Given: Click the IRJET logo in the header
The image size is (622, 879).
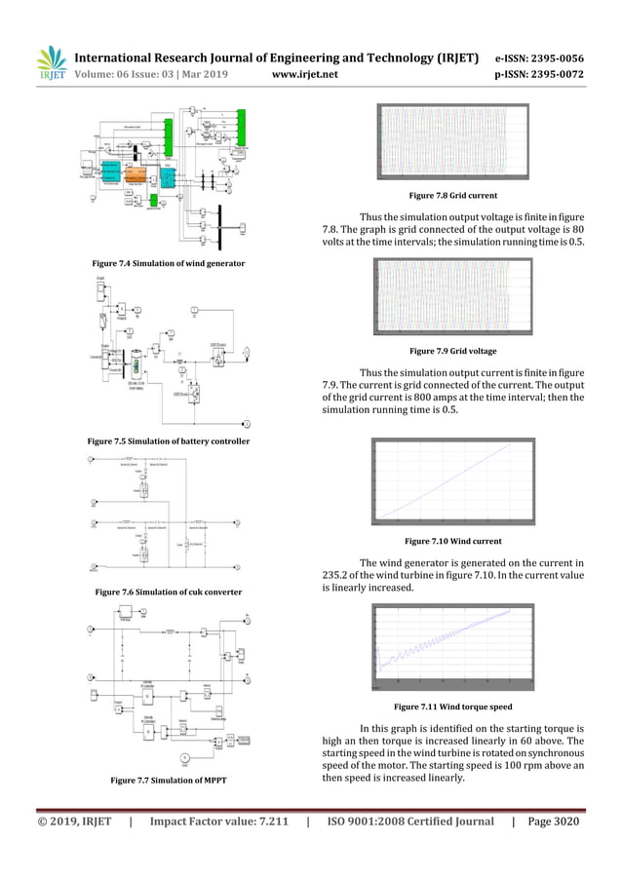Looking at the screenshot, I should pos(49,61).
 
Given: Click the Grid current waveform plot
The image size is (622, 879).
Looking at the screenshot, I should pos(454,143).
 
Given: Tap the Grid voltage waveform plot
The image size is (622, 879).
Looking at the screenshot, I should pos(454,297).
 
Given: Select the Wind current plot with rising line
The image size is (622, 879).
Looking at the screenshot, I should pos(454,480).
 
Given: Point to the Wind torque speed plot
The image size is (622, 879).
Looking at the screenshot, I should pos(454,646).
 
